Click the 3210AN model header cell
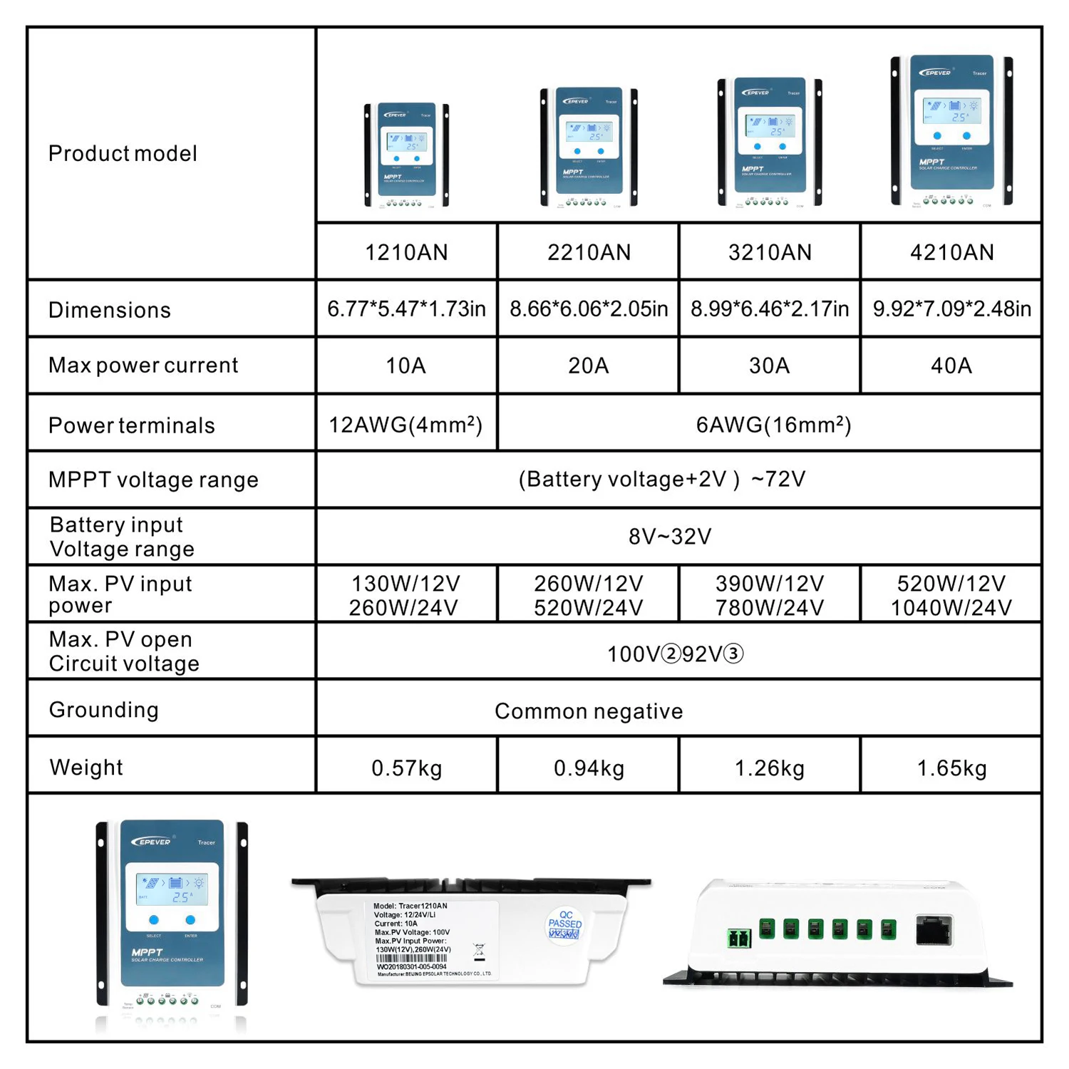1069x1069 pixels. tap(770, 252)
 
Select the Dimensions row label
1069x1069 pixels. tap(110, 310)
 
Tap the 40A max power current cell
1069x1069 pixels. tap(951, 366)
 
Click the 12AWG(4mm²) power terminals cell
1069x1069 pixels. tap(406, 425)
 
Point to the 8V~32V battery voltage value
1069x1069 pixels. tap(670, 536)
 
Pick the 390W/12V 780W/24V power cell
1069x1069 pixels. tap(770, 595)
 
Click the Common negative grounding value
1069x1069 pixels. tap(589, 711)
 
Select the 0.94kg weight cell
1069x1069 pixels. tap(589, 768)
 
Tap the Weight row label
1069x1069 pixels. tap(86, 768)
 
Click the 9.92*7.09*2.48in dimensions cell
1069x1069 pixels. tap(951, 309)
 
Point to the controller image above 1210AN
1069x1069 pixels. tap(406, 155)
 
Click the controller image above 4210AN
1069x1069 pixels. tap(951, 130)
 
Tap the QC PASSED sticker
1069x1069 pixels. tap(564, 925)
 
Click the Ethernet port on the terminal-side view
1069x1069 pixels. tap(934, 930)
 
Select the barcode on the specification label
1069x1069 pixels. tap(413, 958)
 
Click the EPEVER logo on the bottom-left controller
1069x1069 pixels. tap(152, 842)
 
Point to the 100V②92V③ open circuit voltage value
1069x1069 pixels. tap(675, 654)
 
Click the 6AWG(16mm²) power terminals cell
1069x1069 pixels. tap(773, 425)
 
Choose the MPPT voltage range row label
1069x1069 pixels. tap(153, 480)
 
